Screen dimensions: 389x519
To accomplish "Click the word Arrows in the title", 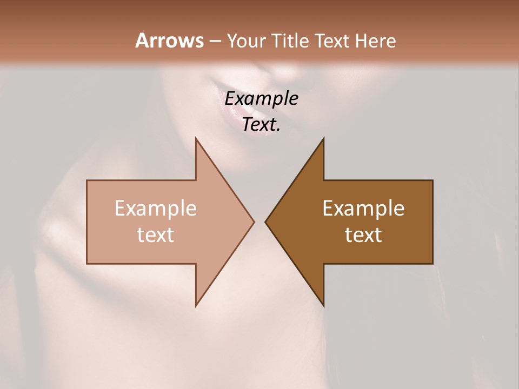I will point(169,41).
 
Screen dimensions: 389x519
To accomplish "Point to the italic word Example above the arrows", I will point(262,99).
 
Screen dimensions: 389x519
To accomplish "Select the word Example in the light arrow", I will point(156,209).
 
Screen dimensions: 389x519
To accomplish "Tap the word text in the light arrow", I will point(156,235).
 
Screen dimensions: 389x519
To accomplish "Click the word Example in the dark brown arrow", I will point(363,209).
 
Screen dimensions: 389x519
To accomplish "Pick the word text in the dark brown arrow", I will point(363,235).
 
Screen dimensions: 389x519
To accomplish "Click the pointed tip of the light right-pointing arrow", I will point(254,222).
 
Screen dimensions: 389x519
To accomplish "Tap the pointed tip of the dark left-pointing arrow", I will point(265,222).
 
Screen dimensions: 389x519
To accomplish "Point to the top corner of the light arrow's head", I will point(196,138).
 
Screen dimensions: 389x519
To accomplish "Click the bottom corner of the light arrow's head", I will point(196,306).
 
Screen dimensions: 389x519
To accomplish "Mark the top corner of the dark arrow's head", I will point(323,138).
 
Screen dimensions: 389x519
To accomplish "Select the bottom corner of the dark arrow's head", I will point(323,306).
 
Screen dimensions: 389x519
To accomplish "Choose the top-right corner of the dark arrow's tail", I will point(432,180).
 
